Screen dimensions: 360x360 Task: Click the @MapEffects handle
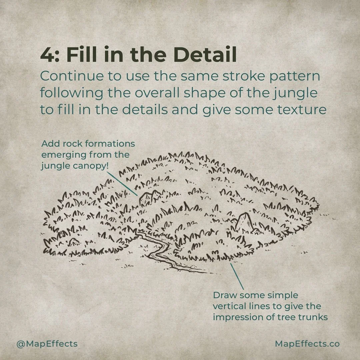pyautogui.click(x=47, y=344)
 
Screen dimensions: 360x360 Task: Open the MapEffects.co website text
pyautogui.click(x=307, y=344)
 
